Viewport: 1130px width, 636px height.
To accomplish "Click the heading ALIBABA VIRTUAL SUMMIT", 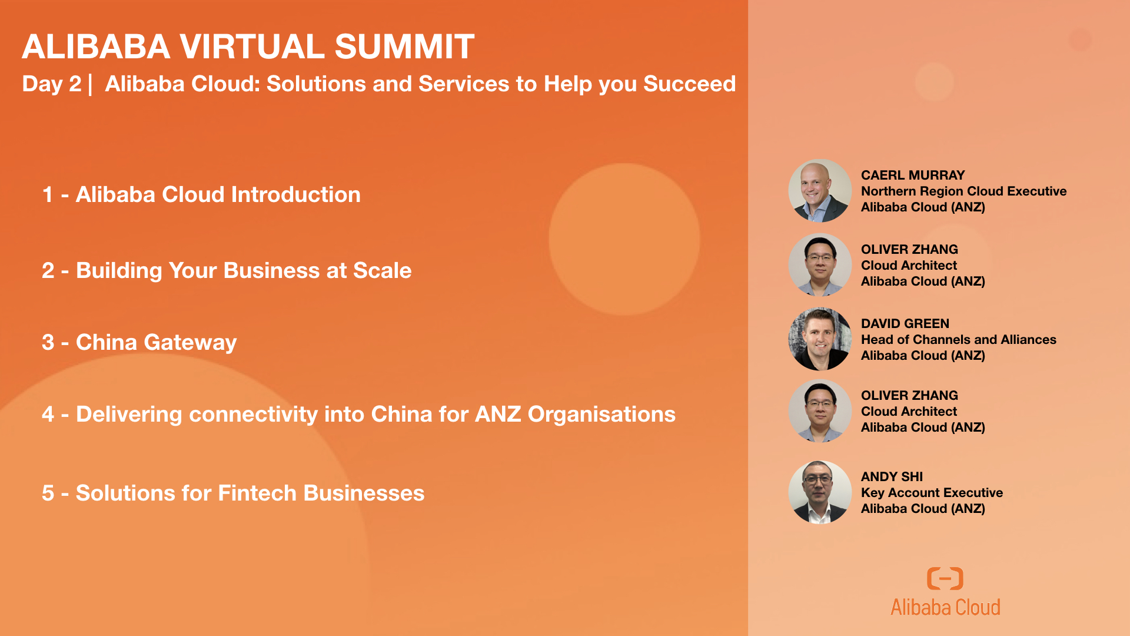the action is pos(248,47).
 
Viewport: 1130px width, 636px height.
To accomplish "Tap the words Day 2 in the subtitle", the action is pos(52,84).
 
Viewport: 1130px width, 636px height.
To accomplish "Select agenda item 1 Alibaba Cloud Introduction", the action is pos(201,194).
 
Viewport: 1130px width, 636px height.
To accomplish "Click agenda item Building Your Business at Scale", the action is pos(227,270).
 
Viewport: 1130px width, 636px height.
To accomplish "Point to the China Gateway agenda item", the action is pos(139,342).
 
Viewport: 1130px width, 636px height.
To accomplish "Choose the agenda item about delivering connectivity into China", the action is pos(358,414).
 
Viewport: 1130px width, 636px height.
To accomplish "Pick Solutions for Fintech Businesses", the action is pos(233,493).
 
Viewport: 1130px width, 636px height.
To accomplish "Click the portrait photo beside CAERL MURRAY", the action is pos(820,190).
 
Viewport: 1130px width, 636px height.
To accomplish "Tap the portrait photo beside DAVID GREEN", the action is pos(820,339).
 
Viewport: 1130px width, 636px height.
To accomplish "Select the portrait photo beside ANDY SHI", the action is pos(820,492).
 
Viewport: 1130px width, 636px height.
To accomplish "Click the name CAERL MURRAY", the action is pos(913,175).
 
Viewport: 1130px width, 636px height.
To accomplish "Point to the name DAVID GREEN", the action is pos(905,323).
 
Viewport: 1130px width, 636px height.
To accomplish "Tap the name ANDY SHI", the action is pos(892,476).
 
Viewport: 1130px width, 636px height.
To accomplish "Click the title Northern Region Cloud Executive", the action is pos(963,191).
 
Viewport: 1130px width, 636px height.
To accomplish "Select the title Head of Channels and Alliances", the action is pos(958,339).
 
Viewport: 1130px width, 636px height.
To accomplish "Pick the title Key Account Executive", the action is pos(932,492).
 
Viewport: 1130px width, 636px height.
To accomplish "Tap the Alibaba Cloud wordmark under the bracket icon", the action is pos(945,607).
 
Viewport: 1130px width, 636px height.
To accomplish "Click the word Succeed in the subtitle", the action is pos(689,84).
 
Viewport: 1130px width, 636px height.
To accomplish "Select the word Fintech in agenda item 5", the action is pos(257,493).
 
